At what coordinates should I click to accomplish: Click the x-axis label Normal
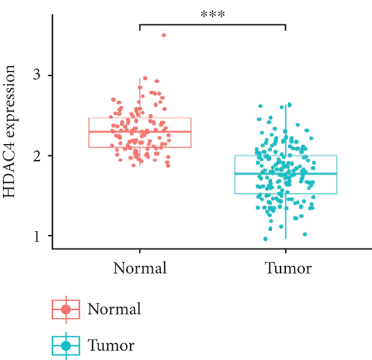pos(139,269)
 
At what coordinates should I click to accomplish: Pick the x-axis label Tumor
pos(286,269)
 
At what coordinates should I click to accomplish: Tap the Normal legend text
pos(115,308)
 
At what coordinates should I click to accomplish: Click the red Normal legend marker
pos(66,308)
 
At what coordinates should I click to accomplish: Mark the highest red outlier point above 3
pos(164,35)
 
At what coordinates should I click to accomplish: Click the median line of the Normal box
pos(139,132)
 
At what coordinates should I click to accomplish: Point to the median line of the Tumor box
pos(286,174)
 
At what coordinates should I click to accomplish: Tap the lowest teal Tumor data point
pos(265,238)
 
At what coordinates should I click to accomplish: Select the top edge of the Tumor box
pos(286,156)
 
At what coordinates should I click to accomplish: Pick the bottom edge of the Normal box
pos(139,147)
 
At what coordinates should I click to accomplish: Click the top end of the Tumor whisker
pos(286,107)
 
